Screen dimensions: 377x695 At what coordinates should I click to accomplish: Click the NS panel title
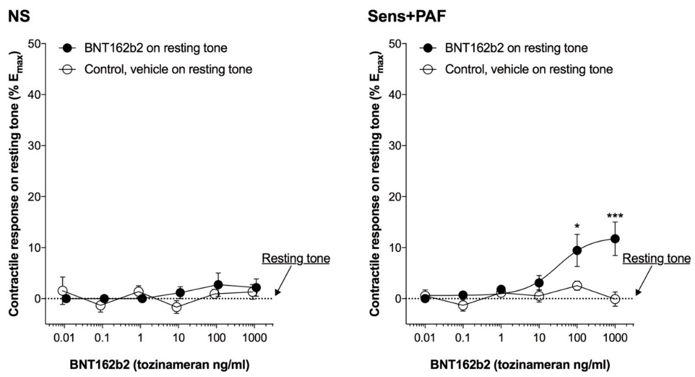pos(19,17)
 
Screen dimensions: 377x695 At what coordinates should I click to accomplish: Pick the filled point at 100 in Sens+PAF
pos(577,251)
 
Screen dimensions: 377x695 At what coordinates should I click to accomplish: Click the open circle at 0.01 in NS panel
pos(63,291)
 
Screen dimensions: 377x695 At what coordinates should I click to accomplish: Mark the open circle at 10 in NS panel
pos(177,307)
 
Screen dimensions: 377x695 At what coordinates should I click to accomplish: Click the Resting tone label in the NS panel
pos(296,259)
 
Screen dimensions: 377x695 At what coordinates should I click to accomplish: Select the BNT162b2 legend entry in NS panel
pos(156,48)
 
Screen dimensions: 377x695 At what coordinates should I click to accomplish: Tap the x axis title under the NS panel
pos(160,365)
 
